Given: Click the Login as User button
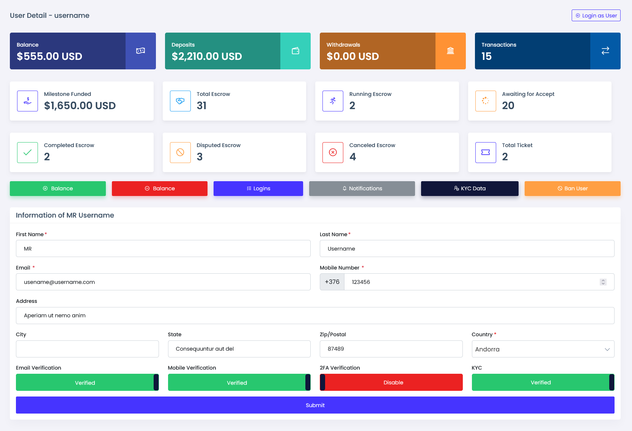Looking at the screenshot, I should [596, 16].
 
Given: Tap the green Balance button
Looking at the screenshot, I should [58, 188].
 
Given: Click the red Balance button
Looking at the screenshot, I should [159, 188].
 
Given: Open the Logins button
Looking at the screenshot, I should [258, 188].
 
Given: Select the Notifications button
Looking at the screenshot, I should [362, 188].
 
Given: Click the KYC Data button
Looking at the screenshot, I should [469, 188].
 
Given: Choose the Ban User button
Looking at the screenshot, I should [572, 188].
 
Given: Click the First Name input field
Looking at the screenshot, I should [163, 249].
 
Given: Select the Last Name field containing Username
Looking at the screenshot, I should [467, 249].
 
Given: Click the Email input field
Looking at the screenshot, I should [163, 282].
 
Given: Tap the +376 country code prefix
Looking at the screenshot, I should [332, 282].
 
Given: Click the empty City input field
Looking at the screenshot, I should [87, 349].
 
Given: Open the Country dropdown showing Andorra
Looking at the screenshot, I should [542, 349].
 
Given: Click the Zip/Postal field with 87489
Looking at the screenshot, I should [391, 349].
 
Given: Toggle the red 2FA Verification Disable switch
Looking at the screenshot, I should [391, 382].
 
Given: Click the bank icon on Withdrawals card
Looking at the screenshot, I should [450, 51].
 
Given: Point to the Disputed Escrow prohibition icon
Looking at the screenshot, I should [180, 152].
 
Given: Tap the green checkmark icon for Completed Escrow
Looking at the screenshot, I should [27, 152].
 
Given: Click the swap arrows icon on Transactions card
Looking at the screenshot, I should [605, 51].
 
